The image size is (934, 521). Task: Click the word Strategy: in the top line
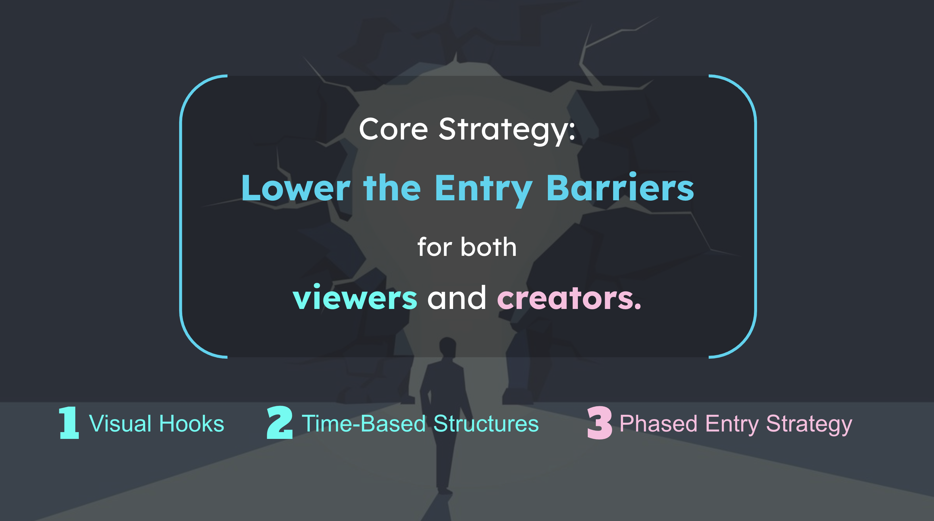(507, 131)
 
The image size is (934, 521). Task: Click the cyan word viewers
(355, 297)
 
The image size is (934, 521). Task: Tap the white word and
(457, 297)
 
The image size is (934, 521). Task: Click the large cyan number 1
(69, 423)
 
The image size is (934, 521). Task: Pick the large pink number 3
(600, 423)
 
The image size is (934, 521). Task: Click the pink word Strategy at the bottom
(809, 425)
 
